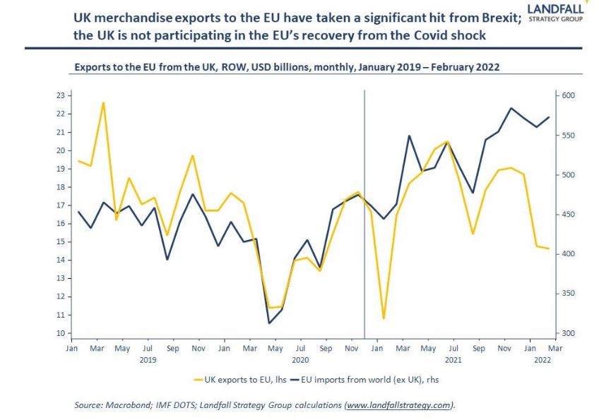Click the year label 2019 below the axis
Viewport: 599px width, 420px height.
click(x=148, y=360)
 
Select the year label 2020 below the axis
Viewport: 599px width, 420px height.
click(x=301, y=360)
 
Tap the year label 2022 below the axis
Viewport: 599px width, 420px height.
click(x=542, y=360)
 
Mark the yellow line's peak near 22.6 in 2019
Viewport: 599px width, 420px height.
click(x=104, y=103)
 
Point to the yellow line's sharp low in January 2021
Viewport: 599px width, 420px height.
click(x=384, y=318)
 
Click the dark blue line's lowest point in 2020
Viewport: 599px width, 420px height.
click(x=269, y=323)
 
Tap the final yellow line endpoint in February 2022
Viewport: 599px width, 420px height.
click(x=549, y=248)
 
